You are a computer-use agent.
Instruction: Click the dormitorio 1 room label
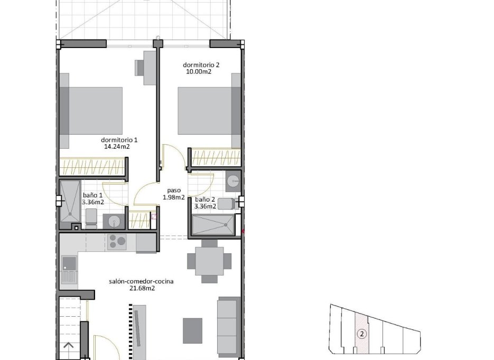click(x=119, y=140)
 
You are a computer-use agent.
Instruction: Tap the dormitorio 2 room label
click(x=201, y=65)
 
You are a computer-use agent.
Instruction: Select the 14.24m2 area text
click(x=117, y=147)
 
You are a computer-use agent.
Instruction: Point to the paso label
click(x=174, y=191)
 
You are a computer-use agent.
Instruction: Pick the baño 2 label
click(x=205, y=200)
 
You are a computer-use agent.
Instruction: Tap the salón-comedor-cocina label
click(x=141, y=281)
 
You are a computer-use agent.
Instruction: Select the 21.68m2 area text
click(x=141, y=288)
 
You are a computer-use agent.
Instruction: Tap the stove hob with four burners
click(x=117, y=242)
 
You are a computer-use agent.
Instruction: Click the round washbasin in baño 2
click(x=233, y=182)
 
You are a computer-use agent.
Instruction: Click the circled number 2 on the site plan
click(x=361, y=334)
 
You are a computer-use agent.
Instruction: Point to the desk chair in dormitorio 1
click(x=141, y=68)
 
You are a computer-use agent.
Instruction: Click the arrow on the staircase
click(x=69, y=347)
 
